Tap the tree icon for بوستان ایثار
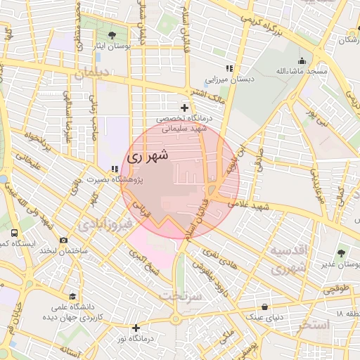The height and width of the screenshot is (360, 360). (x=112, y=35)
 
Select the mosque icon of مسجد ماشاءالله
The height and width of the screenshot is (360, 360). (x=302, y=60)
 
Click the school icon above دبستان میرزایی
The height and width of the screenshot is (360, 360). (x=229, y=68)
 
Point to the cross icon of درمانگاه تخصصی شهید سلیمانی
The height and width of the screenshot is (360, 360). (x=184, y=108)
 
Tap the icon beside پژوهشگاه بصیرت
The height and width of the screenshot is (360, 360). (x=114, y=169)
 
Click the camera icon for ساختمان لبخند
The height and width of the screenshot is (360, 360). (x=63, y=240)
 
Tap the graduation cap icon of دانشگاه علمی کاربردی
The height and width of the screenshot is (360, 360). (x=72, y=296)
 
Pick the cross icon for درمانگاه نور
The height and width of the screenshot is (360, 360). (x=136, y=328)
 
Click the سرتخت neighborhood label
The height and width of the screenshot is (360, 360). (x=180, y=296)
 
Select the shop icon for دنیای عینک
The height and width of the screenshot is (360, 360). (x=264, y=307)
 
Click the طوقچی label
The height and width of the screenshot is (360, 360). (x=335, y=287)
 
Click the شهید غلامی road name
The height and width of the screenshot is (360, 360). (x=254, y=205)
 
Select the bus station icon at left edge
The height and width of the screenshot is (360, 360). (x=14, y=232)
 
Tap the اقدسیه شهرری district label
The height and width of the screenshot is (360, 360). (x=288, y=259)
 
